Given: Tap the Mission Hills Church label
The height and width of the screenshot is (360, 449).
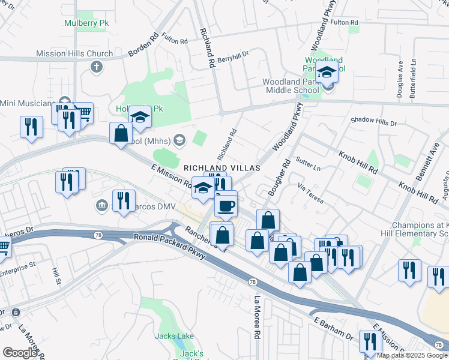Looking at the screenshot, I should pyautogui.click(x=74, y=53).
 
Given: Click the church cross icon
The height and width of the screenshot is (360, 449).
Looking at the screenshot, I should pyautogui.click(x=96, y=65).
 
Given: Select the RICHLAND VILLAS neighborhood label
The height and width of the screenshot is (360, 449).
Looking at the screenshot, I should pyautogui.click(x=222, y=168).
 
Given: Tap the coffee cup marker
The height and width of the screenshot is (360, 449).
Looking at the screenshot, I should pyautogui.click(x=226, y=206).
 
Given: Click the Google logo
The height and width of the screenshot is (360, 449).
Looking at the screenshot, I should pyautogui.click(x=20, y=352).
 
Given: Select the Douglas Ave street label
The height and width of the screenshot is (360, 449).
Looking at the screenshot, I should pyautogui.click(x=400, y=87).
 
